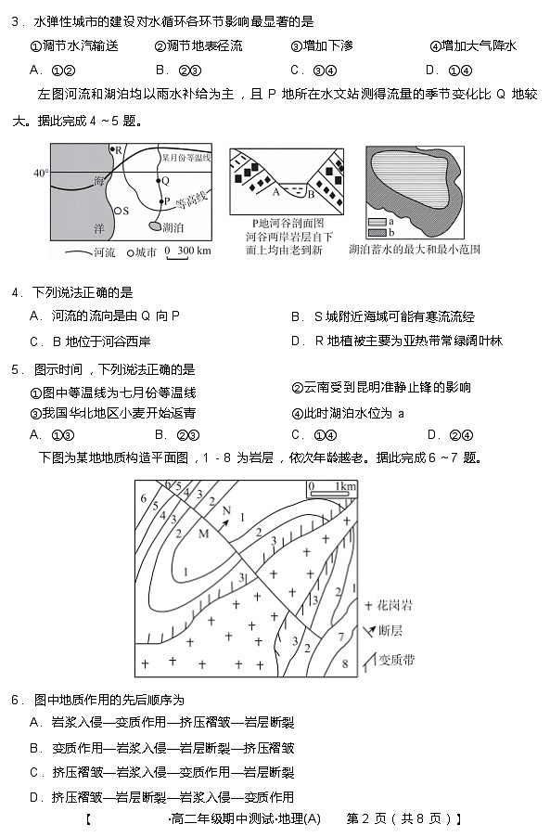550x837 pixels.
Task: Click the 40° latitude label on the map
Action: [40, 173]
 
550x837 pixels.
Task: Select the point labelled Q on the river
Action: [165, 181]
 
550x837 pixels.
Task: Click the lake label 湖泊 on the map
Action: [172, 226]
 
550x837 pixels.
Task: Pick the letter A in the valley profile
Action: [275, 192]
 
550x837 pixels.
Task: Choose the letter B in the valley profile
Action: [312, 195]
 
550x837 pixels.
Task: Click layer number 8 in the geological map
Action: [345, 664]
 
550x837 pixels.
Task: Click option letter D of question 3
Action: [430, 70]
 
